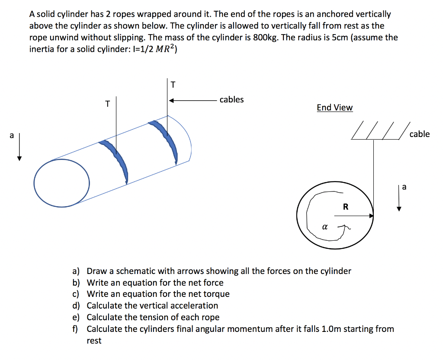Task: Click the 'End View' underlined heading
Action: [334, 108]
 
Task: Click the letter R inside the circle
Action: [345, 207]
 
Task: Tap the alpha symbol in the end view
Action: [324, 226]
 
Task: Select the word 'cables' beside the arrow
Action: [231, 100]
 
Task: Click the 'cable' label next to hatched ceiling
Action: [419, 134]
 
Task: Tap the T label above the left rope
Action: [108, 104]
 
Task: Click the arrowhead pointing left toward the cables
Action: [172, 101]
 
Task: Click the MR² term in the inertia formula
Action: [162, 49]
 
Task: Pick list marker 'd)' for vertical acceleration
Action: [77, 306]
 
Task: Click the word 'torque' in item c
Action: [216, 294]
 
